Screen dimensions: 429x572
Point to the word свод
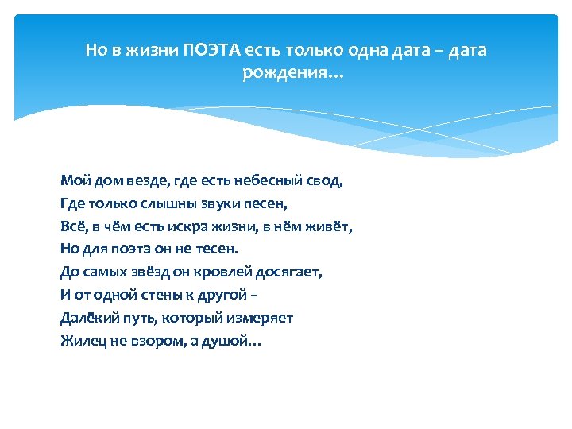click(326, 180)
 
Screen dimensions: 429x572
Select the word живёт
click(332, 226)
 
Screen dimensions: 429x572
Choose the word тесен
click(194, 249)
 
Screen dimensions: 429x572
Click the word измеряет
click(263, 318)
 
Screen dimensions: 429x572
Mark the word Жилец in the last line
click(80, 341)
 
